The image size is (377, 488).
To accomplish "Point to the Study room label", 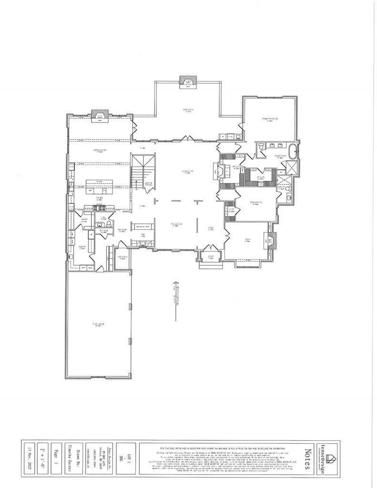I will pyautogui.click(x=248, y=240).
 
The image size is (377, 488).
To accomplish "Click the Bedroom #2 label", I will pyautogui.click(x=256, y=203).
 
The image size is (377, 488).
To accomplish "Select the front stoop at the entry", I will pyautogui.click(x=209, y=256).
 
